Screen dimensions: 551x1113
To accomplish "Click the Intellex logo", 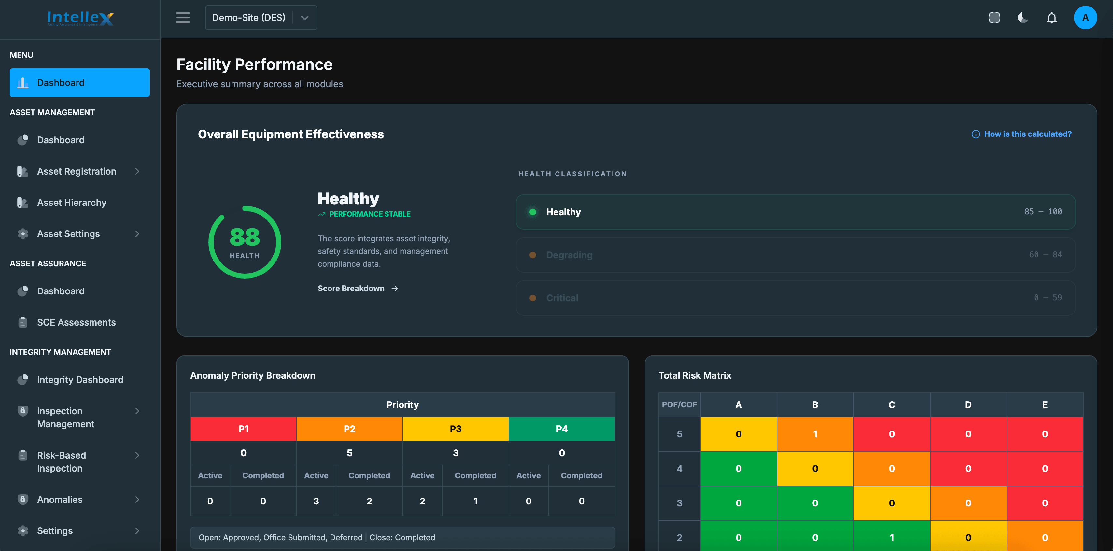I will (x=80, y=18).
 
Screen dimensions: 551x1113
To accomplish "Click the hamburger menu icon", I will (x=183, y=18).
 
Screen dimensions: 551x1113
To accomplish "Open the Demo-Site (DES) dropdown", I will (x=261, y=18).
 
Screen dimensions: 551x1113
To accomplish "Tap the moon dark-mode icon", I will (x=1023, y=18).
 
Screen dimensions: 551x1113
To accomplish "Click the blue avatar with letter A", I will (x=1085, y=18).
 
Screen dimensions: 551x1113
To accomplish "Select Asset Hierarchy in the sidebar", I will (x=72, y=203).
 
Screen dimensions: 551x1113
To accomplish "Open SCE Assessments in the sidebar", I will (x=76, y=322).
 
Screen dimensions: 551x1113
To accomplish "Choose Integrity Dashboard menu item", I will (x=80, y=379).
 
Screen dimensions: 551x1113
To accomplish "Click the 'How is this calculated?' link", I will (x=1027, y=134).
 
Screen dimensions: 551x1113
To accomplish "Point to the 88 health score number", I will (x=245, y=237).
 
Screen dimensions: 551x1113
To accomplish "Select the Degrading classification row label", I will (x=569, y=255).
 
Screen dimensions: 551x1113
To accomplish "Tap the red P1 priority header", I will (x=243, y=429).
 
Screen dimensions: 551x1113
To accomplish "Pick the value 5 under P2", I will (x=349, y=453).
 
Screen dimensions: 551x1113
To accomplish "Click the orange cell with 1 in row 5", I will (x=814, y=434).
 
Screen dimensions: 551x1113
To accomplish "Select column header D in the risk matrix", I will (x=968, y=405).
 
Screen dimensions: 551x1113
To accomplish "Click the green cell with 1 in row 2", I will (x=891, y=537).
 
